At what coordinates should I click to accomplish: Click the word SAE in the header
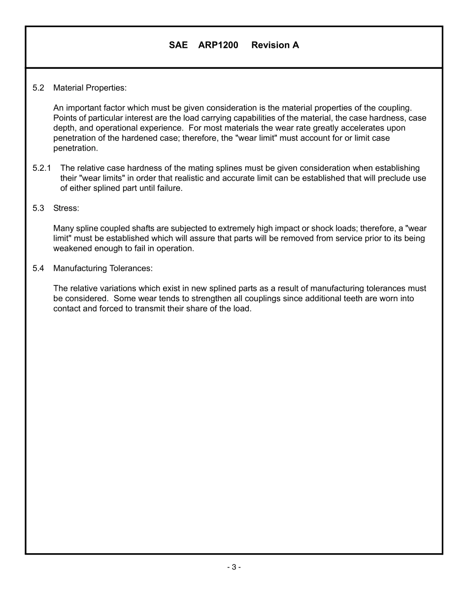coord(178,45)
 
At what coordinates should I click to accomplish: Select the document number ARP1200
coord(218,45)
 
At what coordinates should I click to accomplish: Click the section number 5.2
coord(38,88)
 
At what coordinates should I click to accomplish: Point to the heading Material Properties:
coord(90,88)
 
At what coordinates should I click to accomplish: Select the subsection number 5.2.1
coord(42,168)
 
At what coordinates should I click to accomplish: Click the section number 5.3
coord(38,208)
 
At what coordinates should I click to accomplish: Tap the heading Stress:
coord(66,208)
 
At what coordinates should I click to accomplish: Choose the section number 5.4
coord(38,268)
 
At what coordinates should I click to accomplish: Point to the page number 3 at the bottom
coord(234,567)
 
